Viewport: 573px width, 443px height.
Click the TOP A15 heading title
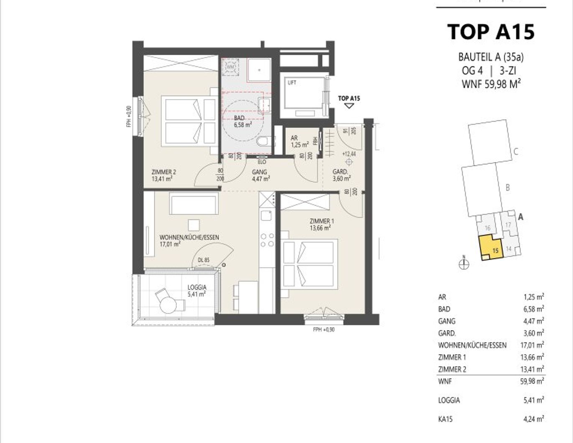tap(491, 32)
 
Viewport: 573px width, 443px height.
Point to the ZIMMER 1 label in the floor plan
tap(321, 224)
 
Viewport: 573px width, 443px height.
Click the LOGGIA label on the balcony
tap(197, 290)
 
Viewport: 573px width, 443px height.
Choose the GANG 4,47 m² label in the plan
tap(260, 175)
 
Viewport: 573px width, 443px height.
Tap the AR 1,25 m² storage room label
tap(299, 141)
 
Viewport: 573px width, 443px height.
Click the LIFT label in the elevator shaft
tap(292, 83)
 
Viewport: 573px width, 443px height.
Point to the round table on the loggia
tap(168, 306)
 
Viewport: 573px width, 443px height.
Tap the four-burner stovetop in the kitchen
tap(267, 240)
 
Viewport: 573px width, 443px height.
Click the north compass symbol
tap(464, 264)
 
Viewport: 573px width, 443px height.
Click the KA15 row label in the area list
tap(445, 419)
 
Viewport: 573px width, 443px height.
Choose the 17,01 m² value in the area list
tap(533, 345)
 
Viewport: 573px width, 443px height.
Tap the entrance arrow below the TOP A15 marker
tap(349, 106)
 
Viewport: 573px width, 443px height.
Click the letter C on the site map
tap(516, 151)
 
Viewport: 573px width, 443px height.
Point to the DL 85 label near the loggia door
tap(204, 260)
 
